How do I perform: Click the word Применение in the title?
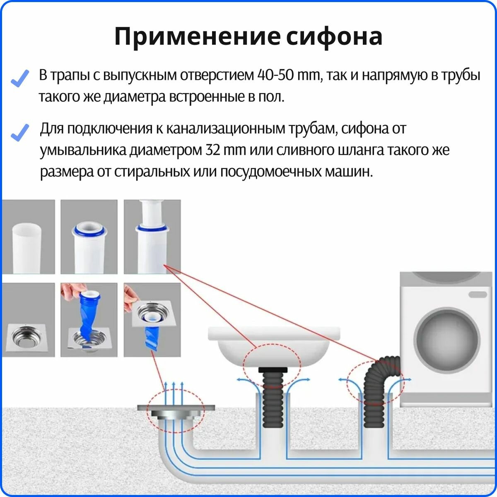click(197, 37)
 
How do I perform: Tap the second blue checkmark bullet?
click(20, 132)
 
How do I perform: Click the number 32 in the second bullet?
click(213, 150)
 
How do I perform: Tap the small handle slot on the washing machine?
click(478, 294)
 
